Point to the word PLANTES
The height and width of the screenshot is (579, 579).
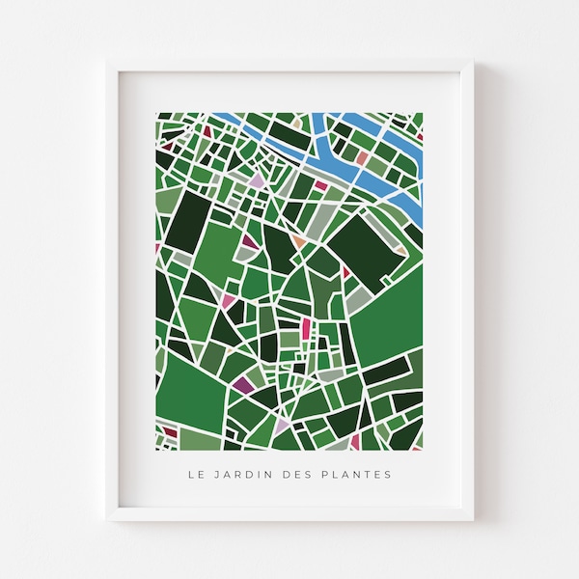pos(360,474)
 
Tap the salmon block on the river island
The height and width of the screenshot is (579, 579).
pos(361,155)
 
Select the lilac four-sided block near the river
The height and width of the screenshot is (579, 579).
pos(258,179)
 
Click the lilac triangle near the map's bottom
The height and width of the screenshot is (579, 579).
pos(282,426)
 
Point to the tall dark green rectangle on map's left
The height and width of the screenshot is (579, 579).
pos(188,220)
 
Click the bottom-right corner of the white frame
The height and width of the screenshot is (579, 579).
pos(472,519)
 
